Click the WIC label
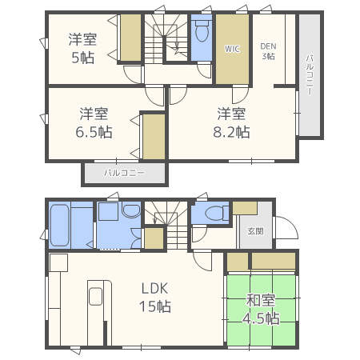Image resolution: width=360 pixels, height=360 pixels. (232, 49)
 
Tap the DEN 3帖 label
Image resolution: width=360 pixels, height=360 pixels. (268, 51)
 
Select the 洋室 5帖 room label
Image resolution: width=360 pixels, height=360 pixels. (82, 48)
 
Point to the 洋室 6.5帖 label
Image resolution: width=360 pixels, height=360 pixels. (94, 123)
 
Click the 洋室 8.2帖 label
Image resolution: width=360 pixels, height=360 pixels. (231, 123)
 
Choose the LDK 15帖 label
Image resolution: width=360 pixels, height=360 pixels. (155, 297)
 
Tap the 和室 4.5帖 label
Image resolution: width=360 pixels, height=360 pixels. (261, 309)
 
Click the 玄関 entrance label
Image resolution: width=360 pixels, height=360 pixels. (256, 231)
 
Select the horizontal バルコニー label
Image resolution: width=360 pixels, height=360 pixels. (124, 173)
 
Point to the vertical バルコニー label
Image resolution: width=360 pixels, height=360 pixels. (310, 75)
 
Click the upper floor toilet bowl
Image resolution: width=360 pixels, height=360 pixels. (202, 31)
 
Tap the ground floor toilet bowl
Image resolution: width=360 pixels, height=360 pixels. (215, 214)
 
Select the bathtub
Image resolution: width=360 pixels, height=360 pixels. (60, 226)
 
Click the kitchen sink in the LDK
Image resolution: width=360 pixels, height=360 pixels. (95, 296)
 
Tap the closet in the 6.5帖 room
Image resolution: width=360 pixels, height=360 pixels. (154, 137)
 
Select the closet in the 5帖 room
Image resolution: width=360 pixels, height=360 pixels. (130, 38)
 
